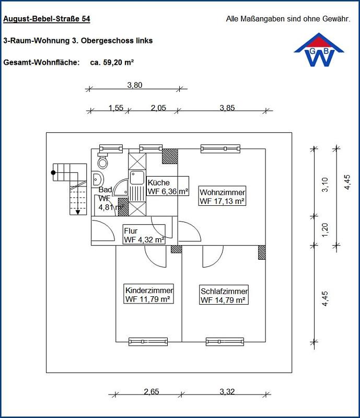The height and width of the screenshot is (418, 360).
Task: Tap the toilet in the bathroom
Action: click(x=102, y=160)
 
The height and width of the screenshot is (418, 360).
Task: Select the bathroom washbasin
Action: click(x=97, y=179)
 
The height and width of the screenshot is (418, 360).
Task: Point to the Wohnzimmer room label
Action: click(x=223, y=196)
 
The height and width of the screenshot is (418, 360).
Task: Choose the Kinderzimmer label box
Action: click(x=149, y=294)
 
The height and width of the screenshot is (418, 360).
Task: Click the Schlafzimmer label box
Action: click(x=224, y=295)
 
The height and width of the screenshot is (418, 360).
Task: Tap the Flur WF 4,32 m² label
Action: click(x=144, y=235)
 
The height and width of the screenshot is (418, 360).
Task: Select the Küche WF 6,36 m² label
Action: click(x=168, y=187)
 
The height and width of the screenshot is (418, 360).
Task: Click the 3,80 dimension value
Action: click(x=135, y=85)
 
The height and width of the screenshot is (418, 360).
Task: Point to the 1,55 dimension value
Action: click(x=116, y=108)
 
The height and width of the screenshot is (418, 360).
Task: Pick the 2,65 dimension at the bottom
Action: click(x=151, y=391)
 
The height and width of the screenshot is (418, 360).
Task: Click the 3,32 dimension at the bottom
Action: click(x=227, y=391)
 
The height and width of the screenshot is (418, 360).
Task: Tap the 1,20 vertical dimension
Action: click(x=324, y=230)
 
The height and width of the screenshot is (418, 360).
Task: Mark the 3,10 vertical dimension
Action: click(x=325, y=184)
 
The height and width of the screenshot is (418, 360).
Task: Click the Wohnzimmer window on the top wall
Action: click(x=220, y=148)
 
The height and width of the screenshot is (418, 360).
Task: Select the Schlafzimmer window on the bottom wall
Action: click(x=225, y=342)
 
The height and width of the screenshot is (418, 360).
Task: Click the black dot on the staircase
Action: click(x=53, y=172)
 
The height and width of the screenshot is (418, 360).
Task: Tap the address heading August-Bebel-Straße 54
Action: click(x=47, y=19)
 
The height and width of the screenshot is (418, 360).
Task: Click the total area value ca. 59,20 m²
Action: click(x=112, y=62)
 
